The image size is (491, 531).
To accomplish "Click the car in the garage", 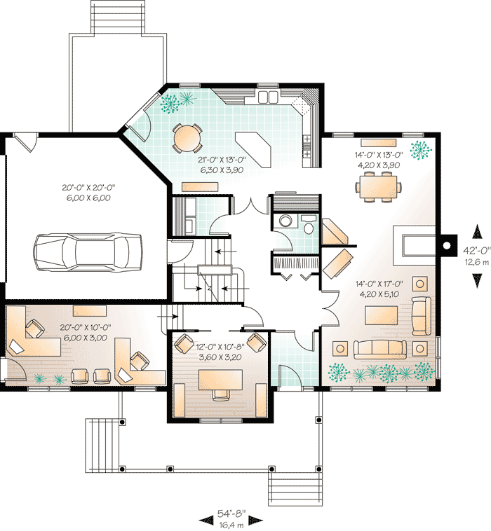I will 88,249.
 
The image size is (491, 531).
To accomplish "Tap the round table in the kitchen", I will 188,137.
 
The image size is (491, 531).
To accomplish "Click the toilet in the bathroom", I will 285,221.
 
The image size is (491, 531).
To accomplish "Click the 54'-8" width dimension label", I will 231,513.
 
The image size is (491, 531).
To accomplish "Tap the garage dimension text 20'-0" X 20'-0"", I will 88,193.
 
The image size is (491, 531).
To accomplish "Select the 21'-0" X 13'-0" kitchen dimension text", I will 221,163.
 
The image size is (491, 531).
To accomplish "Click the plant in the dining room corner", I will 421,149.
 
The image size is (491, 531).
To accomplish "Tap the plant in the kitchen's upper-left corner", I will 168,104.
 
